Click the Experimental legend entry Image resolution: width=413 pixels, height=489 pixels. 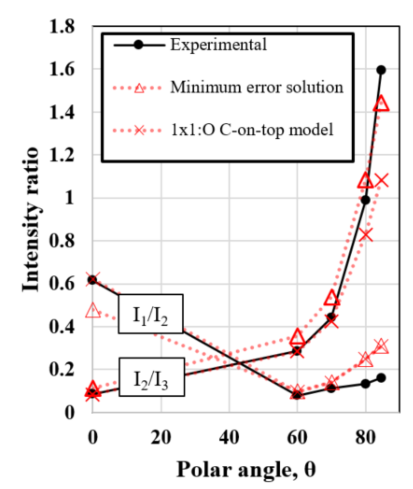(x=218, y=45)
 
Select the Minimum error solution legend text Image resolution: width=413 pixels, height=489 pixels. (x=257, y=87)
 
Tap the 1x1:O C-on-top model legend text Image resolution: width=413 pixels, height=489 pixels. (x=252, y=130)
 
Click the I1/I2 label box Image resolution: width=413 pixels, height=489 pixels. (x=151, y=314)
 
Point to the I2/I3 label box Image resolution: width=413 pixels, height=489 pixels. (x=151, y=377)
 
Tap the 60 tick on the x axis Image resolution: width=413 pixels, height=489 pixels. (x=297, y=437)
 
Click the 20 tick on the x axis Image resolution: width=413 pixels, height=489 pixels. (x=161, y=437)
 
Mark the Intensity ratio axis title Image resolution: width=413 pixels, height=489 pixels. (x=31, y=219)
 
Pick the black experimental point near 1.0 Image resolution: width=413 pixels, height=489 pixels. (x=365, y=200)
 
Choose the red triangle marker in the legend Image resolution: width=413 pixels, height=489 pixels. (x=139, y=88)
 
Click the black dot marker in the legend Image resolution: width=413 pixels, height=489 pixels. (x=139, y=45)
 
